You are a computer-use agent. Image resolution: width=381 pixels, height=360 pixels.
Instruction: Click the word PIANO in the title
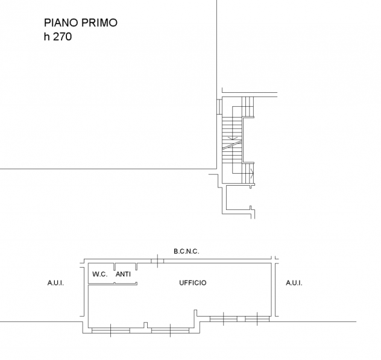[x=61, y=23]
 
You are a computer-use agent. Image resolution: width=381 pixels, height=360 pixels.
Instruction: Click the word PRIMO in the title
[x=99, y=23]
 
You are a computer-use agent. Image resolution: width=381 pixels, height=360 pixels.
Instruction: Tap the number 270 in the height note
[x=63, y=37]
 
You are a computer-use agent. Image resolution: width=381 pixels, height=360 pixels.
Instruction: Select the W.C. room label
[x=100, y=274]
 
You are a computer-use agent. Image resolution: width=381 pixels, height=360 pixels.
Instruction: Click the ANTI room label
[x=123, y=274]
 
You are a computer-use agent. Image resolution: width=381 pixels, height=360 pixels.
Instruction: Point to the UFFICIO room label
[x=193, y=283]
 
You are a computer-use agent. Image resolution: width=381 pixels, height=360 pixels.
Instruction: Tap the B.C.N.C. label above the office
[x=186, y=251]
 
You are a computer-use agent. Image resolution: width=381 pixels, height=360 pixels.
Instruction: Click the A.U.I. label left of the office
[x=55, y=283]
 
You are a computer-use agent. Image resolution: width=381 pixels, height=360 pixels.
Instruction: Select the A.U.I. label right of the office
[x=294, y=283]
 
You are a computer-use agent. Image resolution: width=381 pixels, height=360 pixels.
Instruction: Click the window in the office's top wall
[x=157, y=261]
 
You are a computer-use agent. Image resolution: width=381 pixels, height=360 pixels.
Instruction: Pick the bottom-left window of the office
[x=111, y=330]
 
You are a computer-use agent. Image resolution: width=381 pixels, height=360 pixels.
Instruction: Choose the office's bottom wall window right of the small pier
[x=170, y=330]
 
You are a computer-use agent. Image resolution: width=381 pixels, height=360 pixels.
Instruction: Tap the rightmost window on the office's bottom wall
[x=257, y=318]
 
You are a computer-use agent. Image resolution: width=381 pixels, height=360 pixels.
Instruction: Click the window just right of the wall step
[x=224, y=318]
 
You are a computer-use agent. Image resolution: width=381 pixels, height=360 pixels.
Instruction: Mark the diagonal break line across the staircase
[x=232, y=144]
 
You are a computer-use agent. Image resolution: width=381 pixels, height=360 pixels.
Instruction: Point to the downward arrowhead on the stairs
[x=233, y=139]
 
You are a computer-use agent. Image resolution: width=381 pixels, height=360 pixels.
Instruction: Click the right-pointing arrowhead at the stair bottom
[x=253, y=174]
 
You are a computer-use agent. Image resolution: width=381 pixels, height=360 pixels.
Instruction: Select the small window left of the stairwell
[x=219, y=106]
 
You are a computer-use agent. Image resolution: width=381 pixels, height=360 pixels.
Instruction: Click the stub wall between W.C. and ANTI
[x=115, y=267]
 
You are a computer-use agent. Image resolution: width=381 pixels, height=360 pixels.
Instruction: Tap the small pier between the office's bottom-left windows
[x=145, y=325]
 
